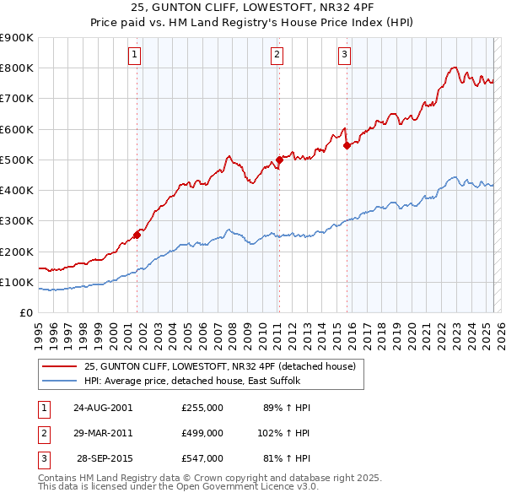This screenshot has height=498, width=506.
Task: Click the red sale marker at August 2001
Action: pos(137,235)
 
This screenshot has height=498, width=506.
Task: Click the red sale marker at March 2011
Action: pos(279,160)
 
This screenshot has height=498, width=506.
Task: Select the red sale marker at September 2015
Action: pos(347,145)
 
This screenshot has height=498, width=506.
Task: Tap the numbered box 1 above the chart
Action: pos(135,56)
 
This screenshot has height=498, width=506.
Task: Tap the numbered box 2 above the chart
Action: pos(277,56)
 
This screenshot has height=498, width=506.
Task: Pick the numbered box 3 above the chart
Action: pos(344,56)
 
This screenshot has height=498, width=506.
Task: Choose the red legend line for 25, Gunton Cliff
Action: pos(60,366)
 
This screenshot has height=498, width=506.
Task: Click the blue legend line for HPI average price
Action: pos(60,381)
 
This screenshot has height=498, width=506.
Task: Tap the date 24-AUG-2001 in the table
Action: pos(103,408)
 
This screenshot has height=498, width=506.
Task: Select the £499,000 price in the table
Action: pos(202,433)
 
